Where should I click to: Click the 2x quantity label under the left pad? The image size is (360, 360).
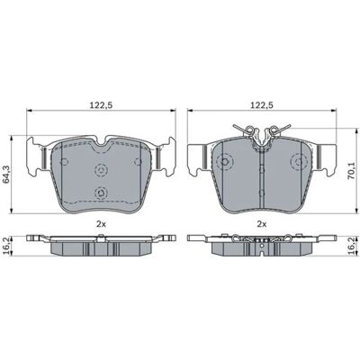tap(101, 223)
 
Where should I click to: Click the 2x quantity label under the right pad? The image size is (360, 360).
tap(262, 223)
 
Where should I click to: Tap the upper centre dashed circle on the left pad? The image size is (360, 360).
tap(101, 170)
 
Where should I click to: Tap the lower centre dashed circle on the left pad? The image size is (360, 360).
tap(101, 193)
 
